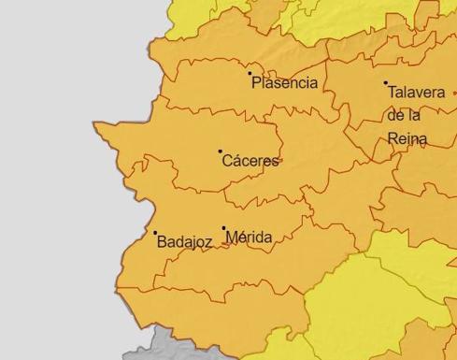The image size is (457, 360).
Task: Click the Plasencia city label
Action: pyautogui.click(x=284, y=83)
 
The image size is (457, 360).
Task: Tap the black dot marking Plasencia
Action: pyautogui.click(x=250, y=73)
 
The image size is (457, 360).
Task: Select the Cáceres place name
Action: pyautogui.click(x=250, y=161)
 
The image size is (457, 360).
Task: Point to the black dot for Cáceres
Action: pyautogui.click(x=221, y=151)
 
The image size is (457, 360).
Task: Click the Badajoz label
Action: pyautogui.click(x=184, y=241)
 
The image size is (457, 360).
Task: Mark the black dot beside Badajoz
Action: pyautogui.click(x=155, y=233)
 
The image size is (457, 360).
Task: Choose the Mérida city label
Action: pyautogui.click(x=249, y=238)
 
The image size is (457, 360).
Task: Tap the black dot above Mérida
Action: pyautogui.click(x=224, y=227)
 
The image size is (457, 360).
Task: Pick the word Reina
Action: pyautogui.click(x=407, y=138)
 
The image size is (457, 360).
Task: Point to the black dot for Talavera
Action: pyautogui.click(x=385, y=83)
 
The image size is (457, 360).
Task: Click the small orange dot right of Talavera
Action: pyautogui.click(x=454, y=93)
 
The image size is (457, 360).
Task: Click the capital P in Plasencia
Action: pyautogui.click(x=255, y=83)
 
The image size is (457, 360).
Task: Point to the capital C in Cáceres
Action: pyautogui.click(x=227, y=161)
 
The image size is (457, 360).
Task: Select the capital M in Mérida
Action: pyautogui.click(x=232, y=238)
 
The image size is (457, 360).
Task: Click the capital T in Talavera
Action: pyautogui.click(x=391, y=94)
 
